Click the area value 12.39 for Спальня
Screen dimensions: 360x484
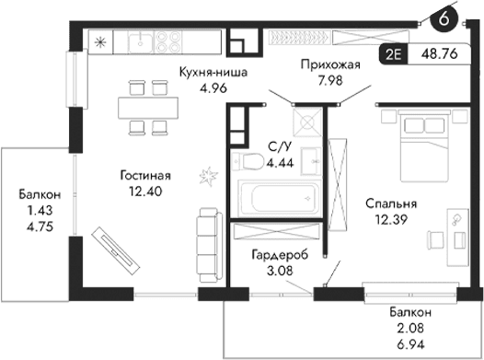(x=386, y=220)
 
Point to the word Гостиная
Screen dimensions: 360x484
(x=145, y=175)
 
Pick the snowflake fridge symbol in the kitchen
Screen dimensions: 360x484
(x=100, y=41)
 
